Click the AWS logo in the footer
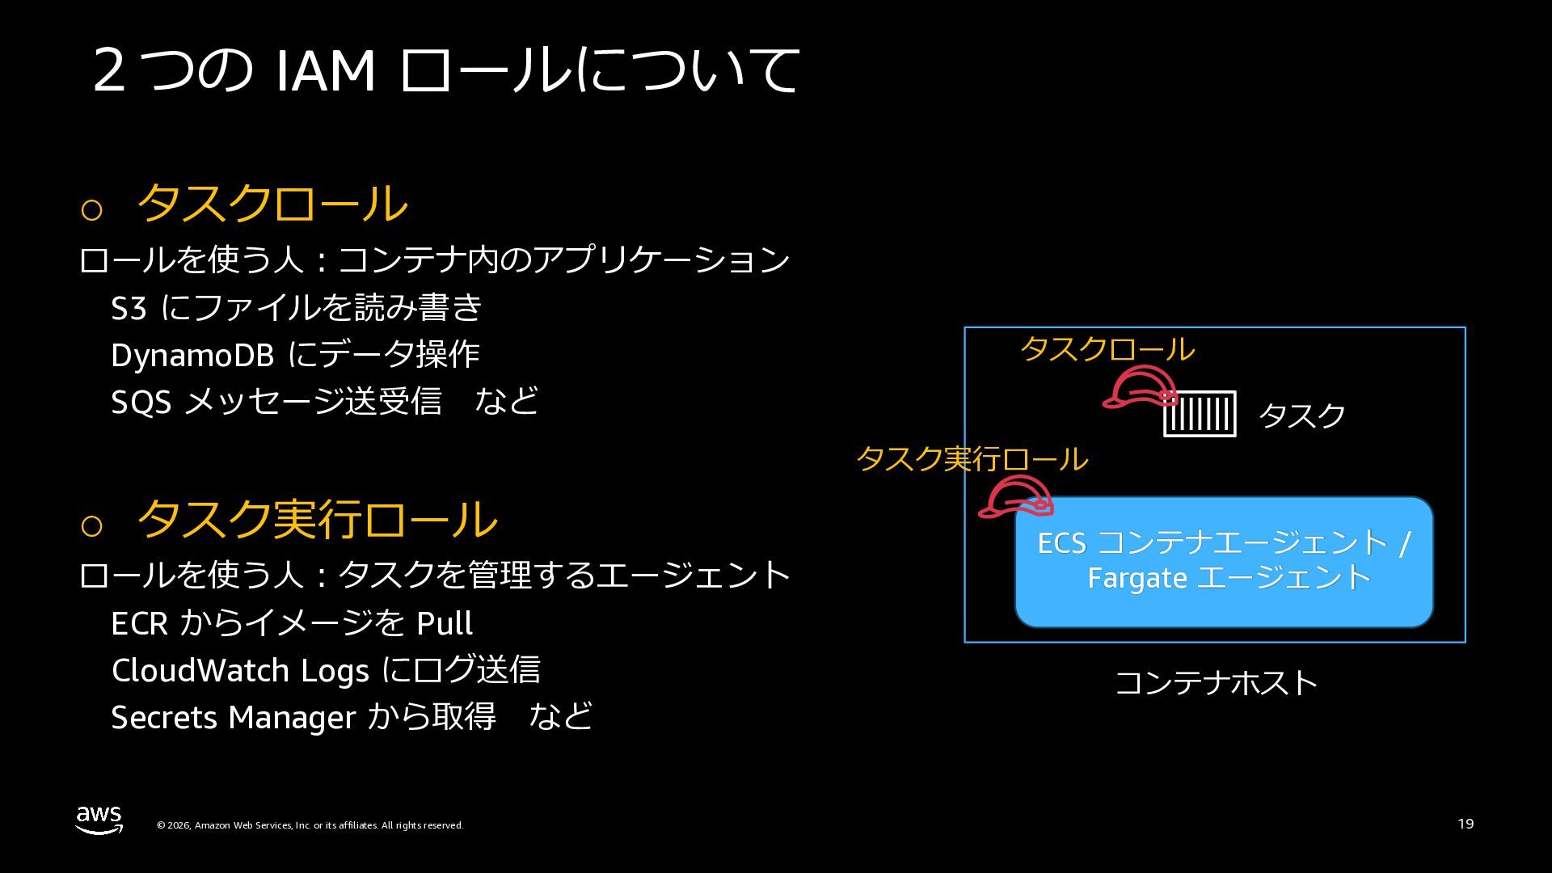coord(99,819)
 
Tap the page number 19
coord(1466,824)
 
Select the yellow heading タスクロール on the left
coord(272,203)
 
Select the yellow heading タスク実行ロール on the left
coord(317,519)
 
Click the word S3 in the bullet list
coord(129,308)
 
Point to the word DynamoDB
coord(192,355)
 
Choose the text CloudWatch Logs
coord(240,670)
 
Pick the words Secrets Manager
coord(233,717)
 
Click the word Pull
coord(444,623)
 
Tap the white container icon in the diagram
coord(1200,414)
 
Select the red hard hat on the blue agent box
coord(1015,496)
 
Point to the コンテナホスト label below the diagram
coord(1216,683)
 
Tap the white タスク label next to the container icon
coord(1301,415)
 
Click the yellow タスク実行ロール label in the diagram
coord(972,459)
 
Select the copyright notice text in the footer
coord(310,825)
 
